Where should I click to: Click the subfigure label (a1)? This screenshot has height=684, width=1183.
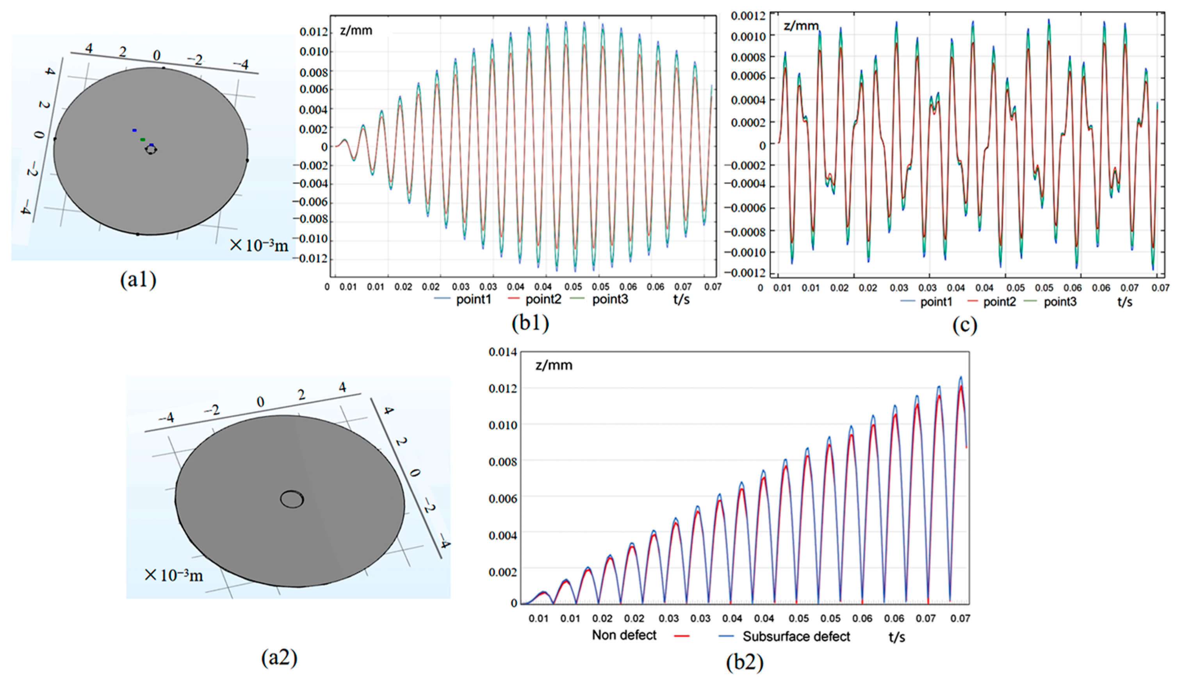138,280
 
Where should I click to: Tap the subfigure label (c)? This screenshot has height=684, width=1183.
964,325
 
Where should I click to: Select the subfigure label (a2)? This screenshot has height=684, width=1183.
279,658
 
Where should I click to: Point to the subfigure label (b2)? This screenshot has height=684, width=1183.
745,662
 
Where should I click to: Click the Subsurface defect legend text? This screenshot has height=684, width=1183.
796,637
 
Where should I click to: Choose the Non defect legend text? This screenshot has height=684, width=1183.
624,635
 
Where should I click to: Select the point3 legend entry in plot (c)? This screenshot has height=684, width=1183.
1060,302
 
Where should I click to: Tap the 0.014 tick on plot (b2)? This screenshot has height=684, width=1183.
502,352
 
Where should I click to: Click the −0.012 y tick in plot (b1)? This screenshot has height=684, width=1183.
310,259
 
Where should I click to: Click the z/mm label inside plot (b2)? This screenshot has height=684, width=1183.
554,366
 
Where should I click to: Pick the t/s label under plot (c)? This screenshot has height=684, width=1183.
1124,302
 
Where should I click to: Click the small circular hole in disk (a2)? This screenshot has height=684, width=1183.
292,499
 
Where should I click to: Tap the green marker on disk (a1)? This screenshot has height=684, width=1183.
143,139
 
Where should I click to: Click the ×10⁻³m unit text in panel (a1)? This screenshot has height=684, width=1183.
259,245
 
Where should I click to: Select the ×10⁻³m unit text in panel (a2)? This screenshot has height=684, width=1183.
174,575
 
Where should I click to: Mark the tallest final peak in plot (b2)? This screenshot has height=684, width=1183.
960,377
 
